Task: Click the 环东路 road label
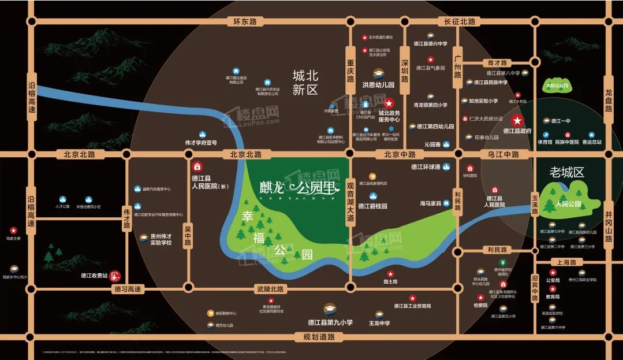tap(244, 22)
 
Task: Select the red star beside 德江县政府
tap(518, 121)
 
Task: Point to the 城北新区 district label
tap(305, 83)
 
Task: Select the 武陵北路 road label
tap(269, 289)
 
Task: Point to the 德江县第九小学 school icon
tap(330, 309)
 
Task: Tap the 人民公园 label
tap(567, 204)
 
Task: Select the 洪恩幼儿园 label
tap(378, 85)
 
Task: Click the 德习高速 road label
tap(128, 289)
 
